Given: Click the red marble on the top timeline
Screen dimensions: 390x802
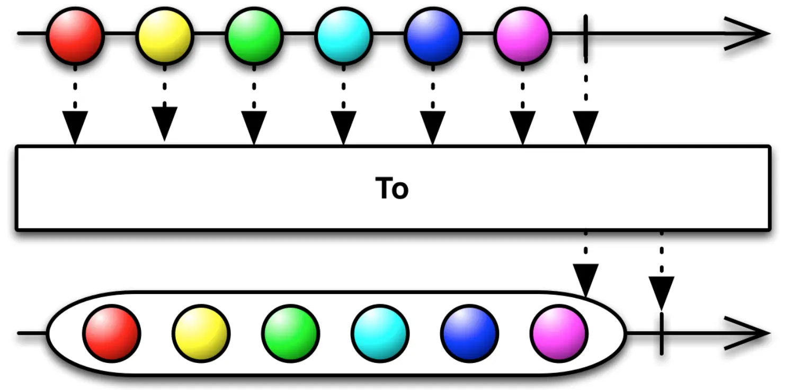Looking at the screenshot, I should pyautogui.click(x=75, y=34).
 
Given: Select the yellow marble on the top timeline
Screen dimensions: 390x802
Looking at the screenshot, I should pyautogui.click(x=164, y=34).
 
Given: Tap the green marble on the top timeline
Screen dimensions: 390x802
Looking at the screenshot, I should pyautogui.click(x=254, y=34).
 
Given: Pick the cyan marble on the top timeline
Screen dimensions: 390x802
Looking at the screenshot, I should pyautogui.click(x=343, y=34).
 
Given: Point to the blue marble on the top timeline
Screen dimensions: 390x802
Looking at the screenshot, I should pyautogui.click(x=433, y=34).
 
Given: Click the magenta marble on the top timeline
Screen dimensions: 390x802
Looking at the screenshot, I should pyautogui.click(x=522, y=34).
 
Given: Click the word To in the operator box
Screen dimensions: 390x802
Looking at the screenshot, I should pyautogui.click(x=392, y=188).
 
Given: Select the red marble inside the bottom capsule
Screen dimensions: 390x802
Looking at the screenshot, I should pyautogui.click(x=111, y=333).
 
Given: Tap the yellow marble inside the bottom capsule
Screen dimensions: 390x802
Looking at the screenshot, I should pyautogui.click(x=201, y=333).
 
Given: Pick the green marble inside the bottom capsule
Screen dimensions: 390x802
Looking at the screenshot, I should pyautogui.click(x=290, y=333).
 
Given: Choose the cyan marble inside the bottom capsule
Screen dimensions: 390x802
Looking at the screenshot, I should pyautogui.click(x=380, y=333).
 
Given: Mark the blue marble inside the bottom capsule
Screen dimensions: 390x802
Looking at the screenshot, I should pyautogui.click(x=469, y=333).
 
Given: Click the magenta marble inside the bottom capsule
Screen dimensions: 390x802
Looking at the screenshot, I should pyautogui.click(x=559, y=333).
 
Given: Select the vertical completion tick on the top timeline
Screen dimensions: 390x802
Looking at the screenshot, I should pyautogui.click(x=585, y=35).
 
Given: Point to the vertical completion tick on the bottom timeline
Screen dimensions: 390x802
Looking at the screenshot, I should pyautogui.click(x=662, y=333).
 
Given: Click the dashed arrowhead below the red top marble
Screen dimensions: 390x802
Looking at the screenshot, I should pyautogui.click(x=75, y=126).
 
